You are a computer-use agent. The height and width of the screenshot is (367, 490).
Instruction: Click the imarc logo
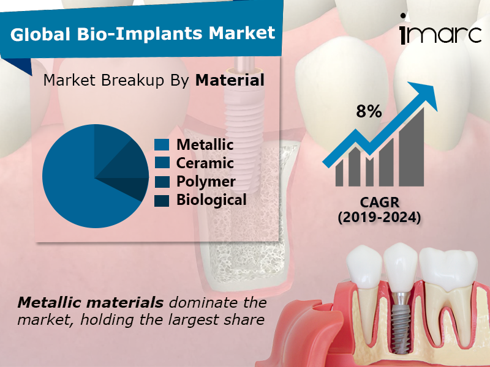click(439, 34)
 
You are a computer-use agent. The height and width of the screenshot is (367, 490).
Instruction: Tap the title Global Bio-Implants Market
click(143, 33)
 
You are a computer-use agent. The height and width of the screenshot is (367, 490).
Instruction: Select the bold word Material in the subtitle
click(230, 80)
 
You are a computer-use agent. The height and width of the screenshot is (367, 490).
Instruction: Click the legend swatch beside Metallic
click(162, 145)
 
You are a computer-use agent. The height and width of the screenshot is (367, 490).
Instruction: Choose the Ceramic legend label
click(205, 163)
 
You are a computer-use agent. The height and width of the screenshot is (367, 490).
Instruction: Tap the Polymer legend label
click(206, 182)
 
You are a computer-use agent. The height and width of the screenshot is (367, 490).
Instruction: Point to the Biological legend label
click(211, 199)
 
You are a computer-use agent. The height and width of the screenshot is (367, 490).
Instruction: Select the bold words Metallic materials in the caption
click(91, 302)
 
